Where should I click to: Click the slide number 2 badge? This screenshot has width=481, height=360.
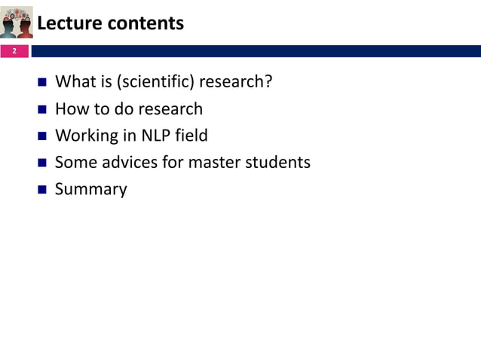click(x=14, y=51)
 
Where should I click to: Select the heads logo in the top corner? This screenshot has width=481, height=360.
click(x=17, y=21)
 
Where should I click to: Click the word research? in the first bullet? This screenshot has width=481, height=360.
click(x=234, y=81)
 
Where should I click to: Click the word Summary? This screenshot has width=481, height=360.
click(x=91, y=189)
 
